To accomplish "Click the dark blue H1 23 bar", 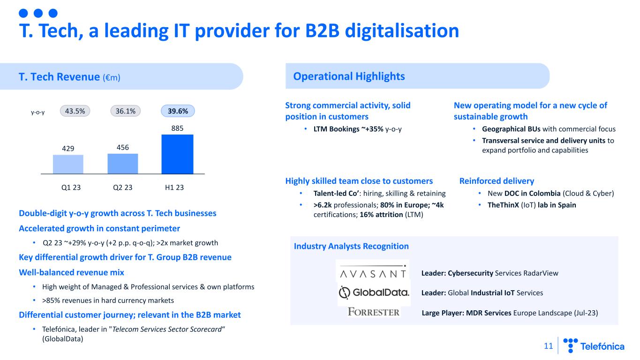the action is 177,154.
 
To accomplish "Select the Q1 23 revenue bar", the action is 68,164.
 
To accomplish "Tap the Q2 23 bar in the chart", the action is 123,164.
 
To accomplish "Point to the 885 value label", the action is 177,128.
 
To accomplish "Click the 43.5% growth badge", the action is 75,111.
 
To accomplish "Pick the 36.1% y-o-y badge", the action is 126,111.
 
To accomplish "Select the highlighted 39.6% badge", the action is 178,111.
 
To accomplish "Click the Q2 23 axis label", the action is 122,187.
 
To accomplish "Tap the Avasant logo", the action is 373,271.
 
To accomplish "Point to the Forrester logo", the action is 374,312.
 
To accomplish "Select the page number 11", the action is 548,346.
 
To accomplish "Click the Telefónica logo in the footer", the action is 594,346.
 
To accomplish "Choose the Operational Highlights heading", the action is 349,76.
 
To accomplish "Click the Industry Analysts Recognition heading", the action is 351,246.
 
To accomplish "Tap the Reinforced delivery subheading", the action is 497,181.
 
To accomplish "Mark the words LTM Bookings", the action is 336,129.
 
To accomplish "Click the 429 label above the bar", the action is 68,149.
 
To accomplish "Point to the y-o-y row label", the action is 38,112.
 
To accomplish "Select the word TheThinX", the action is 503,205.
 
